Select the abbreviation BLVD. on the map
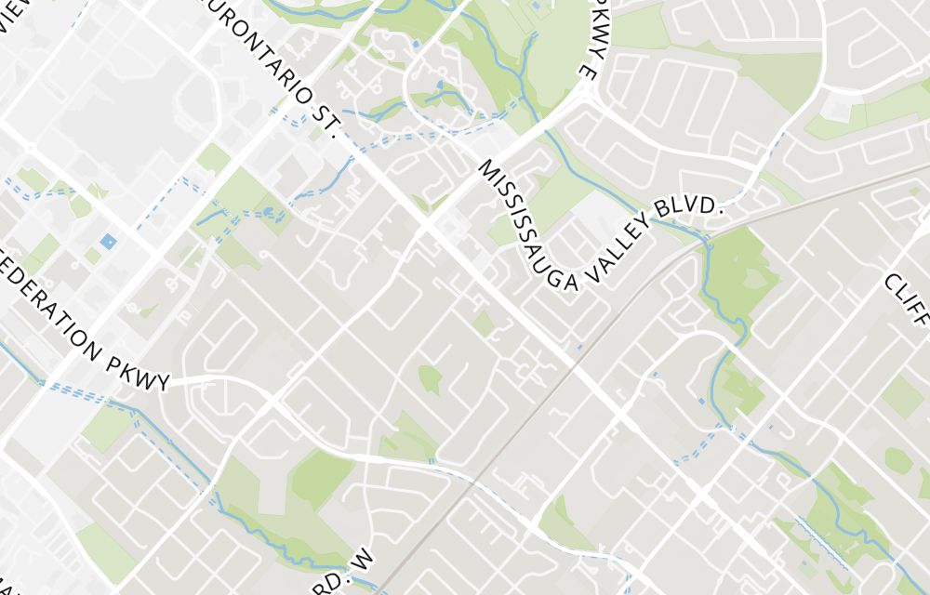698,207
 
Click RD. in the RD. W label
345,581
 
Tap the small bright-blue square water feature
108,243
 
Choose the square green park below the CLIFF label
902,396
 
